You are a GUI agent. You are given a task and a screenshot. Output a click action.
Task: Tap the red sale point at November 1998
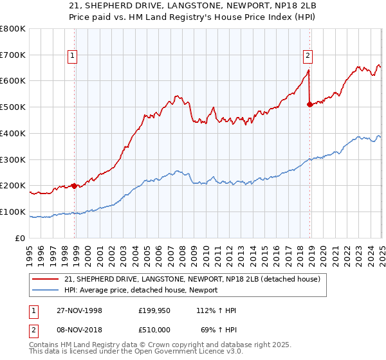pyautogui.click(x=75, y=186)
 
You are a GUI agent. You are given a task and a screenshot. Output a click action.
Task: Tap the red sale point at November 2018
pyautogui.click(x=309, y=104)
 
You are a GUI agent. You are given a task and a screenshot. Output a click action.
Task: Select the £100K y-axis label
pyautogui.click(x=14, y=212)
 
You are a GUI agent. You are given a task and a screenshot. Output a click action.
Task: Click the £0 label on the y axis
pyautogui.click(x=20, y=238)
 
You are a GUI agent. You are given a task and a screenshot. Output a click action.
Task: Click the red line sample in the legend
pyautogui.click(x=44, y=279)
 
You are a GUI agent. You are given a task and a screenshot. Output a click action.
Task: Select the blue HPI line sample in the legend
pyautogui.click(x=44, y=291)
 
